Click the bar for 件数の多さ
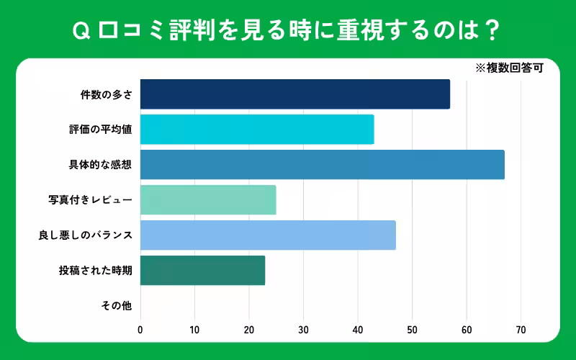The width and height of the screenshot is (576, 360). pos(294,94)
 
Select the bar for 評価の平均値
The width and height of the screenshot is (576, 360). pos(257,130)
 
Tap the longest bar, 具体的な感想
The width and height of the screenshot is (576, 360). pos(322,165)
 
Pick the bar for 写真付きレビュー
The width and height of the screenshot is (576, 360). pos(208,200)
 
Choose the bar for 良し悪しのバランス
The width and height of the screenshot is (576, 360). pos(268,235)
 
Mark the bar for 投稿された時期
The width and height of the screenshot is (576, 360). pos(202,271)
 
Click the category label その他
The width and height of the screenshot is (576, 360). pos(116,306)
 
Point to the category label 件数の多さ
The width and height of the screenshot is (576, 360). pos(106,94)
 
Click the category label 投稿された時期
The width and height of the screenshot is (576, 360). pos(96,271)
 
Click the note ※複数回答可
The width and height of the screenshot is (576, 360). pos(508,69)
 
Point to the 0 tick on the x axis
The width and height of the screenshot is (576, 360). pos(140,330)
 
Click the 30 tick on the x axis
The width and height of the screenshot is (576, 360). pos(303,330)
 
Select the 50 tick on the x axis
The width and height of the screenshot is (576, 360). pos(412,330)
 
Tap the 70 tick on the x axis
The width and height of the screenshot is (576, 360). pos(521,330)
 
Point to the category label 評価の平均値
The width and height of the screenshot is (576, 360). pos(96,130)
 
